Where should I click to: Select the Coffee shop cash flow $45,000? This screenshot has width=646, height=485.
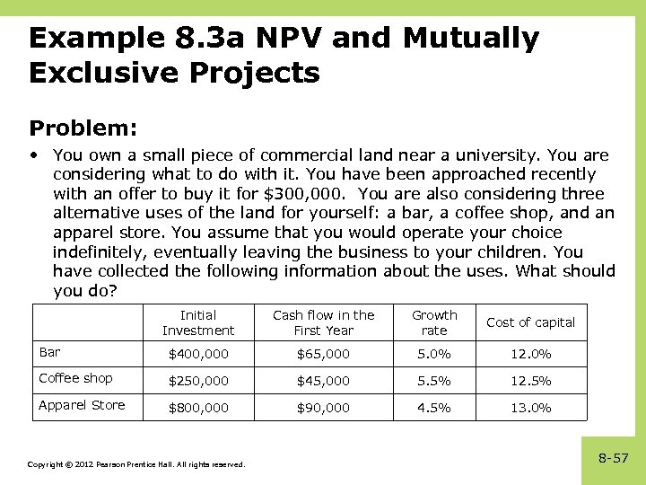click(324, 381)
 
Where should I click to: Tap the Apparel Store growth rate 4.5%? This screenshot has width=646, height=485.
click(434, 408)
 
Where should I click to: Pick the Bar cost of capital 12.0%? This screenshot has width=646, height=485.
click(530, 354)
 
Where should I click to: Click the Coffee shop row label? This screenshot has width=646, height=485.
click(75, 378)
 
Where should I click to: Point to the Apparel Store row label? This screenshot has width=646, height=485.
click(82, 405)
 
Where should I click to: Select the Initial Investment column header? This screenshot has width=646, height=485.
click(197, 322)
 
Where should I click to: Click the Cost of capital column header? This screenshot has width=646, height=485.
click(530, 322)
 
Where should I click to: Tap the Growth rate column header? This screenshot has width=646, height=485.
click(434, 322)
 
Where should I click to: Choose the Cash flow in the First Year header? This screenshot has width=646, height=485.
click(324, 322)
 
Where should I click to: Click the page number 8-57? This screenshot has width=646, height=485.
click(614, 458)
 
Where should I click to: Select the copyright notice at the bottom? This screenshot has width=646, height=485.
click(135, 464)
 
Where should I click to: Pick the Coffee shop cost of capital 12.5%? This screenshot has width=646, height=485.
click(530, 381)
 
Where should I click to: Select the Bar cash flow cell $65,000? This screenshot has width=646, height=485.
click(324, 354)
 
